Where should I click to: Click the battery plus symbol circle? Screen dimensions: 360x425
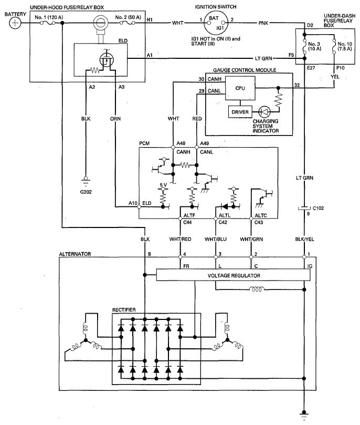pos(15,23)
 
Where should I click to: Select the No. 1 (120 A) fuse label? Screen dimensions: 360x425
pos(49,17)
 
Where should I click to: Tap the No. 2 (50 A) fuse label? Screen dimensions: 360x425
pos(128,17)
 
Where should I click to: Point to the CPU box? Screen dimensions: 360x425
pos(240,88)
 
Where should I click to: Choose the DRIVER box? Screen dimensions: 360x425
pos(240,112)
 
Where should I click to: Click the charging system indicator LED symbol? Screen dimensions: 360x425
pos(264,112)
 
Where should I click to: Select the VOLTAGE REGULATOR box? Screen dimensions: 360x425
pos(234,275)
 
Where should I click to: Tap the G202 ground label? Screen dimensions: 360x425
pos(86,192)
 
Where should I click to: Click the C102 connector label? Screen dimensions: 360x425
pos(319,208)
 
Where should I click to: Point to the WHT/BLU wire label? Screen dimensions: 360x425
pos(216,239)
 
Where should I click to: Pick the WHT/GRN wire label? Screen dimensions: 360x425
pos(251,239)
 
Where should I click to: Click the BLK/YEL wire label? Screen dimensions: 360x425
pos(304,239)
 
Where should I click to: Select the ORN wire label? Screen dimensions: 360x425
pos(115,119)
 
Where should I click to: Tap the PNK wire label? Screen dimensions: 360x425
pos(263,23)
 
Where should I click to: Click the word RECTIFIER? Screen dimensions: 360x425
pos(124,309)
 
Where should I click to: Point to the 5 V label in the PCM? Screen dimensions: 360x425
pos(163,185)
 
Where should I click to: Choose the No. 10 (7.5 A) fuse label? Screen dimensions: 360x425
pos(345,46)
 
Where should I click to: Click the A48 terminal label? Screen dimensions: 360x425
pos(181,143)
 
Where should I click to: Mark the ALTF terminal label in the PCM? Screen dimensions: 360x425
pos(189,215)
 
